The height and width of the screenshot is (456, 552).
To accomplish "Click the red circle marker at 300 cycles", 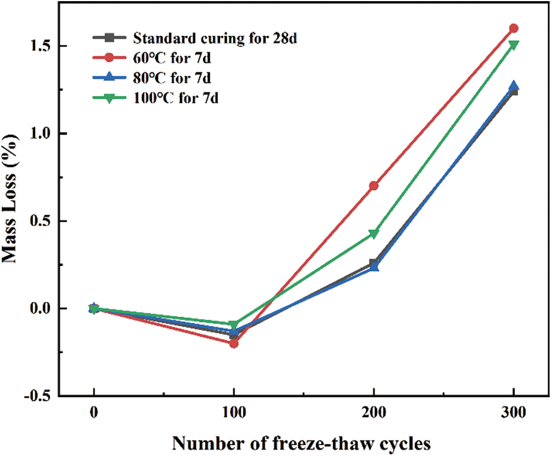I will [x=513, y=28].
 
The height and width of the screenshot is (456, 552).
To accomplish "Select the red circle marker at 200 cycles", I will [x=373, y=186].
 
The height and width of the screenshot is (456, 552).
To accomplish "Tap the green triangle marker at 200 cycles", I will [x=373, y=233].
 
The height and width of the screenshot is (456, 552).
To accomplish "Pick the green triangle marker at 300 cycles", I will [x=513, y=44].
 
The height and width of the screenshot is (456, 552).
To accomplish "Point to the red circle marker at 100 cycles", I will [x=234, y=343].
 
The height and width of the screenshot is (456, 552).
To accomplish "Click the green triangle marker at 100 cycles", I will [x=234, y=325].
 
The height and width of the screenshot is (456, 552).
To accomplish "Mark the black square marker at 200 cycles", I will [x=373, y=263].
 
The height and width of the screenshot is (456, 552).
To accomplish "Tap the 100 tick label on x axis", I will [x=234, y=413].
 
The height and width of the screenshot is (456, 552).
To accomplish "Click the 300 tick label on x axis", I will [x=513, y=413].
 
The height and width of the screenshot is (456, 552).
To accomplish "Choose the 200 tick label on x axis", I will [x=373, y=413].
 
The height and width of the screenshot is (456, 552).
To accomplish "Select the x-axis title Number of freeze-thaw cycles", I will [x=301, y=443].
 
